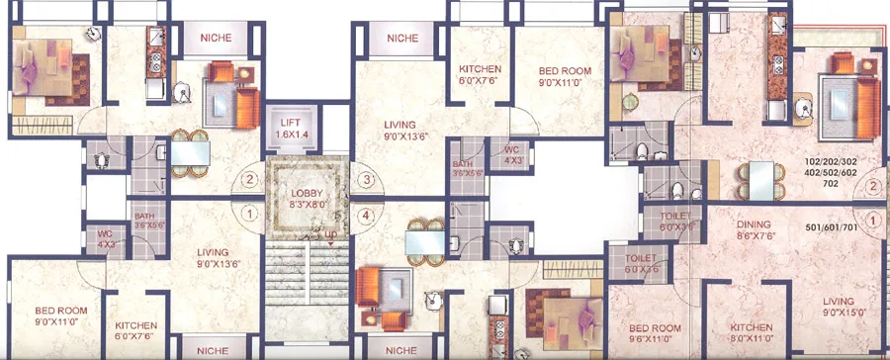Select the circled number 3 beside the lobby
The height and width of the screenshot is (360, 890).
coord(367,180)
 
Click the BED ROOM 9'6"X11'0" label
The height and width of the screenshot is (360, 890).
coord(656,333)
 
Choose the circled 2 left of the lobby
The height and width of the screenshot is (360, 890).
coord(249,180)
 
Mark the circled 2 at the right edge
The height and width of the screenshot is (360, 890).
coord(873,185)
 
